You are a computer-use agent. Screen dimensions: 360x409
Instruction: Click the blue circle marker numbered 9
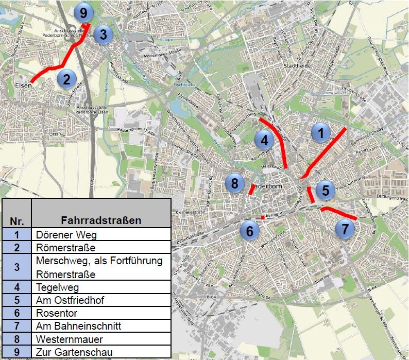pos(83,12)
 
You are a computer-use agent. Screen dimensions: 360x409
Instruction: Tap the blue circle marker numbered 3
pos(103,35)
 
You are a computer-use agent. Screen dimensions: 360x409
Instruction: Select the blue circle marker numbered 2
pos(66,79)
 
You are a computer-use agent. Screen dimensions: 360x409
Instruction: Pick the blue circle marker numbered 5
pos(326,191)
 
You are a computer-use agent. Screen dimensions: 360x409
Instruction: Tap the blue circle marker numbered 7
pos(345,228)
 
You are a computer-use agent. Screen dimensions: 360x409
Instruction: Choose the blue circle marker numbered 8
pos(235,183)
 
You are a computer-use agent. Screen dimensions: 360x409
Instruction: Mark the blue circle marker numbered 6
pos(250,230)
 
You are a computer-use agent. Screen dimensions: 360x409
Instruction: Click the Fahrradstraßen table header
pos(101,220)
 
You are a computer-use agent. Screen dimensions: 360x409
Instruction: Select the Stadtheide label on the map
pos(295,66)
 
